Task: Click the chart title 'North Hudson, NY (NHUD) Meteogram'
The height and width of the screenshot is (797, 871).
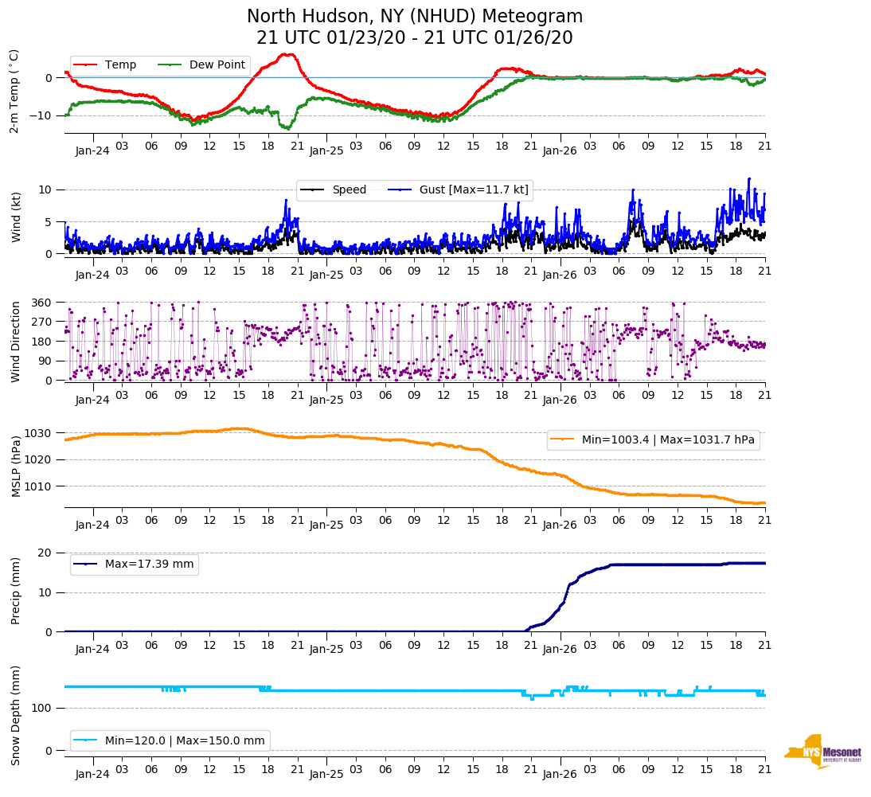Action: point(415,17)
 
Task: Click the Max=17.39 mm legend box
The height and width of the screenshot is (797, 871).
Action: point(135,565)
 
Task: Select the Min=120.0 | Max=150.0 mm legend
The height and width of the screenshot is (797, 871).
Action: point(170,740)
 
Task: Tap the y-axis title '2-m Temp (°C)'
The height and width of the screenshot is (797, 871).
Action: point(14,91)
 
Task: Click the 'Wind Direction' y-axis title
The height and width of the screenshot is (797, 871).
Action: point(14,341)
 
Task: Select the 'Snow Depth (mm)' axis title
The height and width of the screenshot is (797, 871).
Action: point(14,715)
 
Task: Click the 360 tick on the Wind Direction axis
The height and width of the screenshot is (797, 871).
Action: point(41,303)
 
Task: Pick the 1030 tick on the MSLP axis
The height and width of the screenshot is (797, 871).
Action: point(39,433)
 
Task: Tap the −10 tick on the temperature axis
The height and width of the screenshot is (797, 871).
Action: point(39,115)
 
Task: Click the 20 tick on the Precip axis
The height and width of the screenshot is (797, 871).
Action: point(45,553)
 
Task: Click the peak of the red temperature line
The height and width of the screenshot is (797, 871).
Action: point(288,54)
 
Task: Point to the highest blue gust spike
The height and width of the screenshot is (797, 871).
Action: point(749,178)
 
